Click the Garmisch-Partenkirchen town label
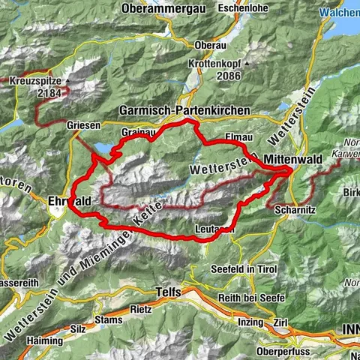[x=184, y=110]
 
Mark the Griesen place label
[x=82, y=125]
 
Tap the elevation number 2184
[x=49, y=94]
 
